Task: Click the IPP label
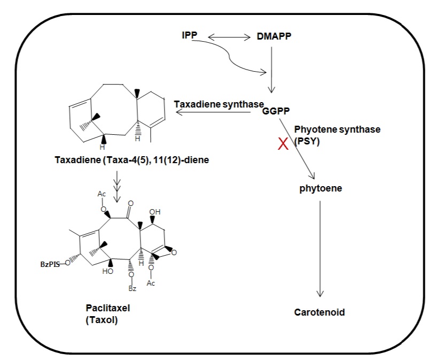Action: (189, 35)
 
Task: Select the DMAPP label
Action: (274, 36)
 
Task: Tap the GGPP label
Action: (276, 111)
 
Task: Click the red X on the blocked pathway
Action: (283, 144)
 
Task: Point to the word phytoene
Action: (321, 188)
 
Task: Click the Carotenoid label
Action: (320, 312)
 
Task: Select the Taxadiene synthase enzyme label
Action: (219, 104)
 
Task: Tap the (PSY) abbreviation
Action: (307, 141)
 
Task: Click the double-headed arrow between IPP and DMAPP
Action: (229, 37)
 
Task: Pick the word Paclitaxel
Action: (107, 308)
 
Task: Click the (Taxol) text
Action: (102, 320)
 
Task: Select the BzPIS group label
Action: (50, 264)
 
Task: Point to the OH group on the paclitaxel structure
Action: (155, 212)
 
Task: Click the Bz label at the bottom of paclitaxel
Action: (133, 288)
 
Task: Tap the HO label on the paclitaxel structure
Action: (107, 271)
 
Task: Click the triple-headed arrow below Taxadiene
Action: (117, 187)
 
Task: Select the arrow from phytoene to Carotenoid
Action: (320, 249)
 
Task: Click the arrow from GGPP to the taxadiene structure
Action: (213, 112)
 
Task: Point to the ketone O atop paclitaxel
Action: (131, 203)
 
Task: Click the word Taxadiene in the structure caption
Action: (78, 160)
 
